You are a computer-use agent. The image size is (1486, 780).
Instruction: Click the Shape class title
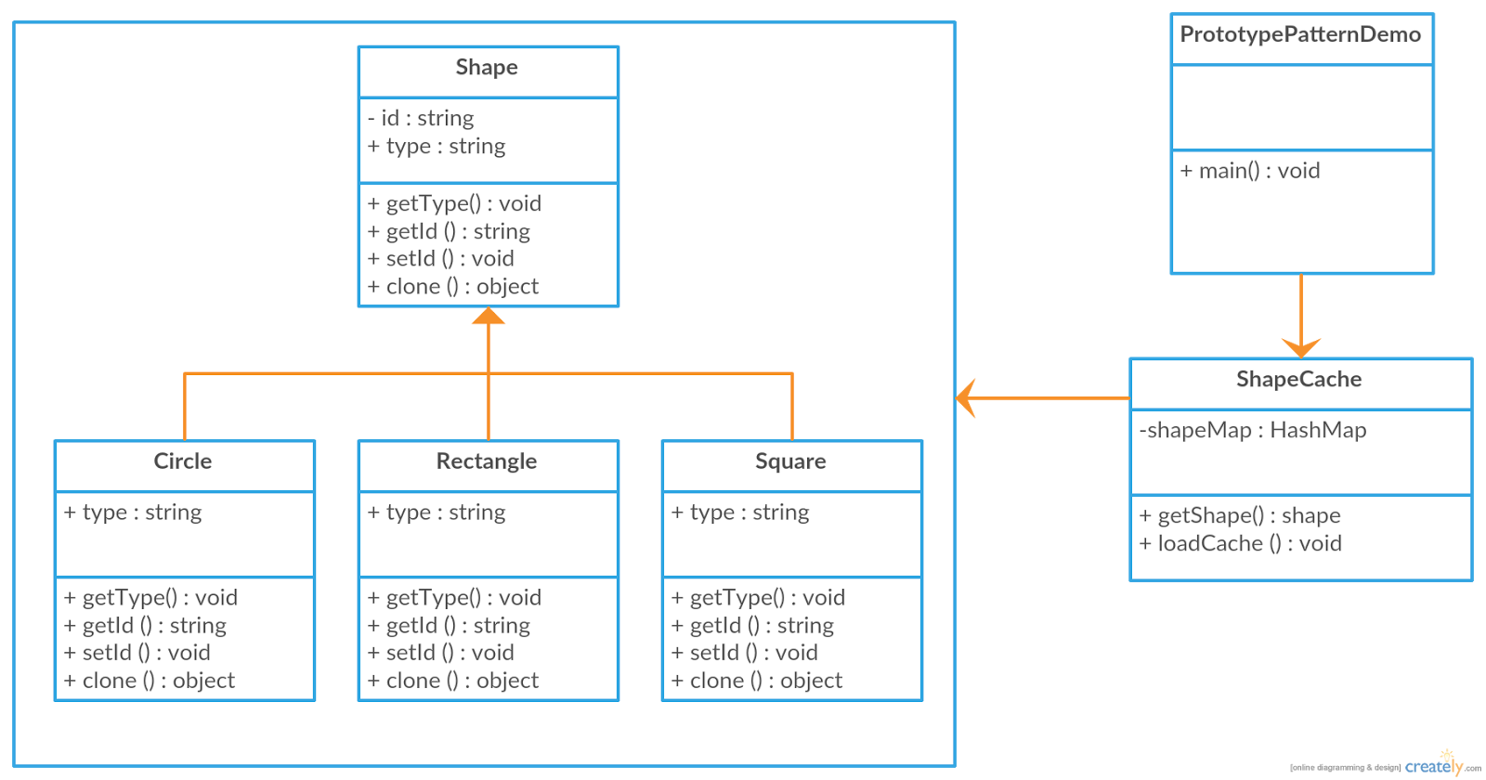[487, 68]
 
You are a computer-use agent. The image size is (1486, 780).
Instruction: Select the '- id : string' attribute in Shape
[421, 118]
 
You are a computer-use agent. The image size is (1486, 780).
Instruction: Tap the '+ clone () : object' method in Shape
[453, 286]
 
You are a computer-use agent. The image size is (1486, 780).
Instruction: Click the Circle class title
[183, 461]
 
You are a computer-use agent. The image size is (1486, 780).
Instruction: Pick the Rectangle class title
[487, 461]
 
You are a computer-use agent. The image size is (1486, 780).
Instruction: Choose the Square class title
[790, 461]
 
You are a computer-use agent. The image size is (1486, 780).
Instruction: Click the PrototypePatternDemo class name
[1300, 35]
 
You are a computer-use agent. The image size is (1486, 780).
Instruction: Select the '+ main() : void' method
[1250, 171]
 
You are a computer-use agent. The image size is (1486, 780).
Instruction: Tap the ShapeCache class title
[1298, 380]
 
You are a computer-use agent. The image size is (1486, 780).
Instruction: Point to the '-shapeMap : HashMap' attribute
[1253, 430]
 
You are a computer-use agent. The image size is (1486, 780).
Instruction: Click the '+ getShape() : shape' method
[1240, 515]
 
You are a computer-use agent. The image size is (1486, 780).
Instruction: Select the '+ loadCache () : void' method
[1241, 543]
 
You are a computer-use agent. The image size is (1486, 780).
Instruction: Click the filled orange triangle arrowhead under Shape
[489, 317]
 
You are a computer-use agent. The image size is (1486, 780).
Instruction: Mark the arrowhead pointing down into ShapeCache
[1301, 348]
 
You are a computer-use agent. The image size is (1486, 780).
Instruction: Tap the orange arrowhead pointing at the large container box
[966, 398]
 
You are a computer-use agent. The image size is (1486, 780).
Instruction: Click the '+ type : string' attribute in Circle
[133, 513]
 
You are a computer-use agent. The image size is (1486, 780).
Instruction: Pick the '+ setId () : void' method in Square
[745, 653]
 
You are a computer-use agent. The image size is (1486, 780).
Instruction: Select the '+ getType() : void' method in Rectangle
[454, 597]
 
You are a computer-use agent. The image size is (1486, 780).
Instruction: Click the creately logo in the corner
[1435, 765]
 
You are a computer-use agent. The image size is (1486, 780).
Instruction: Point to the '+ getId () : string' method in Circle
[146, 625]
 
